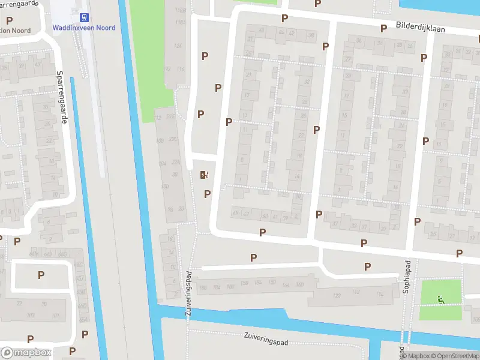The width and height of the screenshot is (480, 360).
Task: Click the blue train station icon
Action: coord(83,17)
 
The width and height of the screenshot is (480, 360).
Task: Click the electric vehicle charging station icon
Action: coord(203,175)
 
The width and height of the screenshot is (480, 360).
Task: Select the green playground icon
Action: coord(441,299)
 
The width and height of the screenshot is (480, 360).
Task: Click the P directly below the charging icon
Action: coord(207,194)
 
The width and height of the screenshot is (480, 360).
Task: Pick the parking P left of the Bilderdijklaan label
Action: coord(383,28)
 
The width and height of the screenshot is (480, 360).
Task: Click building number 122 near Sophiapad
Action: coord(337,294)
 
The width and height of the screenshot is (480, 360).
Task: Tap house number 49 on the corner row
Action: coord(235,213)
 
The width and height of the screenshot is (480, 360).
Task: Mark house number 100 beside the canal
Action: coord(166,187)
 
